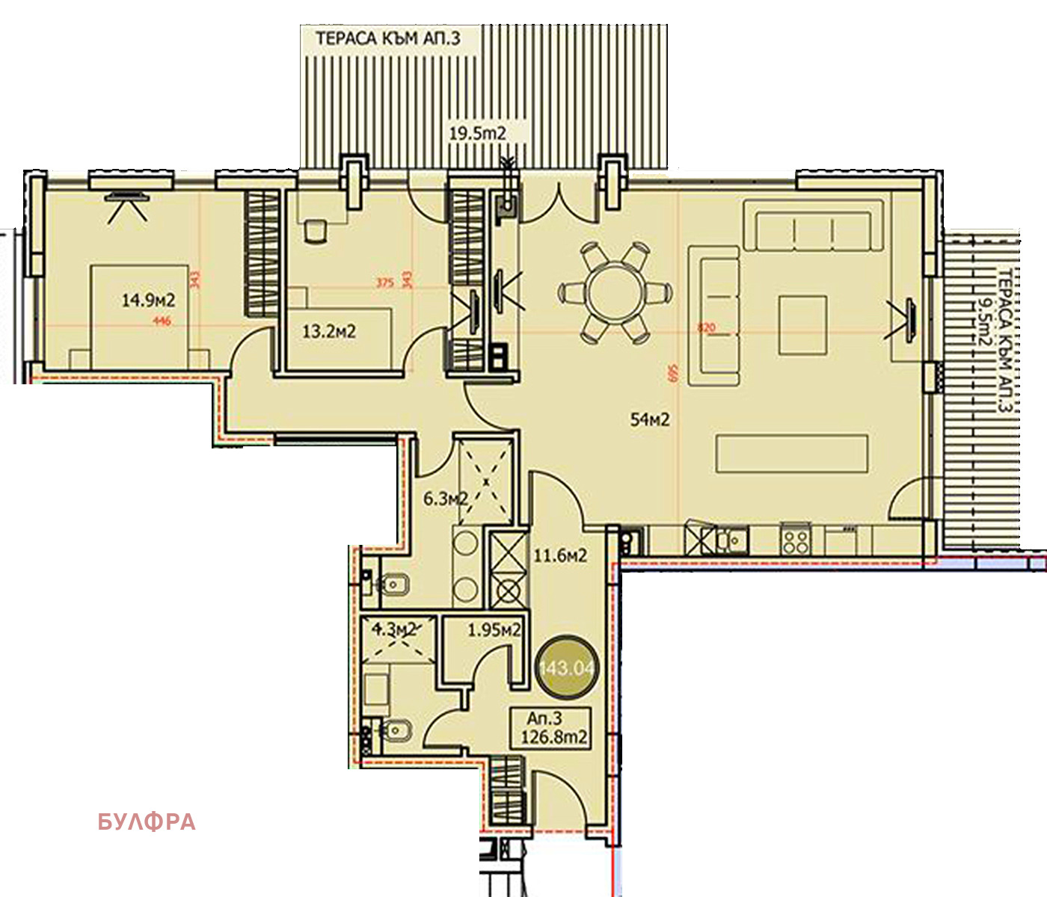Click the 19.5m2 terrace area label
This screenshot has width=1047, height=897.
coord(477,134)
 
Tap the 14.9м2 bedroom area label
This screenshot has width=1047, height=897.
coord(148,300)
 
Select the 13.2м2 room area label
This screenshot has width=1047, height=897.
coord(329,331)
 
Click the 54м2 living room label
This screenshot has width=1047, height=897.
coord(650,420)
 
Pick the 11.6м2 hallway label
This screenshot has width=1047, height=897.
coord(559,555)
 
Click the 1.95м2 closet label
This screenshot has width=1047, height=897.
coord(494,630)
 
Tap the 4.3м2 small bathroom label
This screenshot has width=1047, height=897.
coord(393,629)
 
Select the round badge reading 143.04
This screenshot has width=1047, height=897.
coord(565,667)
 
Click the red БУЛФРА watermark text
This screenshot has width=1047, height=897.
coord(147,822)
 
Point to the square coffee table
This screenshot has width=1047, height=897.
coord(802,324)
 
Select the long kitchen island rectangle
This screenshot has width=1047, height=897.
coord(792,454)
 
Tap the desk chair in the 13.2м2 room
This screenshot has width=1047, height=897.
coord(316,231)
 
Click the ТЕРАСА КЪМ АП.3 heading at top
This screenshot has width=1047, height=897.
coord(388,39)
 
